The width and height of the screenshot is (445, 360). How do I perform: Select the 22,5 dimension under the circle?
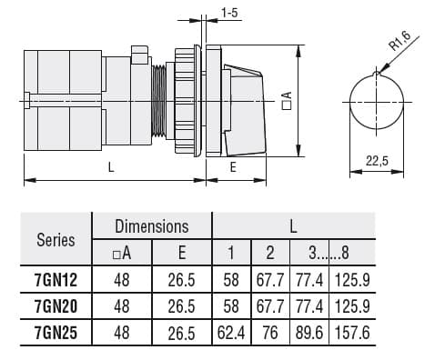point(376,161)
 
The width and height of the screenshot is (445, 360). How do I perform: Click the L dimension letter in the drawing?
point(111,166)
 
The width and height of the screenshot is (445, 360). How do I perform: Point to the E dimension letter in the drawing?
point(233,166)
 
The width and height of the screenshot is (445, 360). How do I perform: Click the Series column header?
point(56,240)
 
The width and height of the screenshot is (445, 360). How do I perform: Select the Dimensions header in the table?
point(151,226)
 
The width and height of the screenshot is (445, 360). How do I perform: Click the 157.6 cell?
point(351,334)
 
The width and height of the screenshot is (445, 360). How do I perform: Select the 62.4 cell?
point(232,334)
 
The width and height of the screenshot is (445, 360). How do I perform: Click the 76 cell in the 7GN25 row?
point(269,334)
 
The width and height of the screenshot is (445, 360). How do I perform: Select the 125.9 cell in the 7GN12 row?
point(351,281)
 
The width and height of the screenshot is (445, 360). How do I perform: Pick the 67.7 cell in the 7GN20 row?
point(269,307)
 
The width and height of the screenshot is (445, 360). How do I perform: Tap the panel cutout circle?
point(376,102)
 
